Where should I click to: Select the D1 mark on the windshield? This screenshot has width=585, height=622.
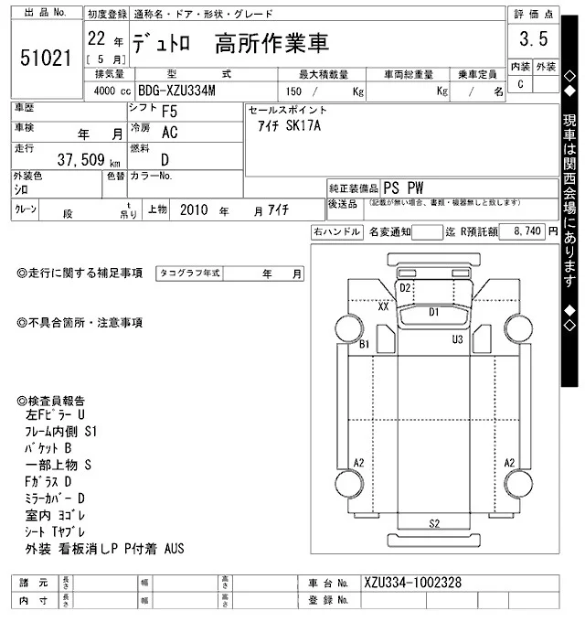[435, 312]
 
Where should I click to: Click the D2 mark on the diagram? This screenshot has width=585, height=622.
[405, 288]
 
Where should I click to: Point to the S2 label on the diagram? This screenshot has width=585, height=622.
[435, 523]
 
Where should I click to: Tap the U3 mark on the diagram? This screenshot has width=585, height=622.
[457, 339]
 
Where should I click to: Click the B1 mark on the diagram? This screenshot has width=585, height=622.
[364, 345]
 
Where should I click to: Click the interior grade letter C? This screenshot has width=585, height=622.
[521, 84]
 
